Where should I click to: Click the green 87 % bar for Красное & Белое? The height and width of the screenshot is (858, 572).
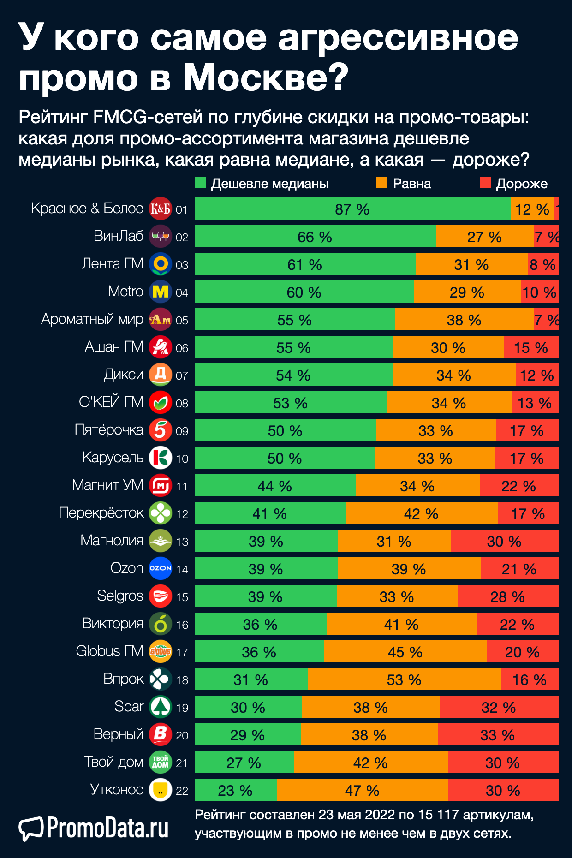(352, 209)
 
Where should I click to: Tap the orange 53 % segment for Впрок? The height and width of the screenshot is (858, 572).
(404, 679)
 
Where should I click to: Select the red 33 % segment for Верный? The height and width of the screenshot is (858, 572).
(498, 735)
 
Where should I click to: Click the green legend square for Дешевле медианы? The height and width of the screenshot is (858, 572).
(200, 183)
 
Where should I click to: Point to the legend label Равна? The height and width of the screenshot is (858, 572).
(411, 184)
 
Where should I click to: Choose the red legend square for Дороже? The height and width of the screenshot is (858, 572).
(485, 183)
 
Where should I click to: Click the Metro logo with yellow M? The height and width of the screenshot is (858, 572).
(161, 292)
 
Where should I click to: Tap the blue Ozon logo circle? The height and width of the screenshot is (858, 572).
(161, 568)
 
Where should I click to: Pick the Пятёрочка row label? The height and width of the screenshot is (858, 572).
(109, 430)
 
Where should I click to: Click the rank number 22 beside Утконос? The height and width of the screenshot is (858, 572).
(182, 791)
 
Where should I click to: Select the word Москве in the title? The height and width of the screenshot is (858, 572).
(266, 77)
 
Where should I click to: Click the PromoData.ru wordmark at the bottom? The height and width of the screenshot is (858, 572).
(107, 828)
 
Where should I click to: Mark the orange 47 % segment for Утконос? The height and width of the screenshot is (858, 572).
(362, 790)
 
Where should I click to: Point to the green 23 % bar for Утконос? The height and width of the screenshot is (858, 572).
(235, 790)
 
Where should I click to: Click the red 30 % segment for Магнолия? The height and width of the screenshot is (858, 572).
(504, 541)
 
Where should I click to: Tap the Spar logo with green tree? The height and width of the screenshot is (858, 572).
(161, 707)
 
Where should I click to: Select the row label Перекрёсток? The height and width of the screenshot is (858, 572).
(101, 513)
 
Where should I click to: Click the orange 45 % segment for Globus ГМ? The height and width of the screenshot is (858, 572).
(405, 652)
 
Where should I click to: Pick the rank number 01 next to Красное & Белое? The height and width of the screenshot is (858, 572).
(182, 209)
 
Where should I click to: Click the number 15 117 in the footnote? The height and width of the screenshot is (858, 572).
(438, 815)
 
